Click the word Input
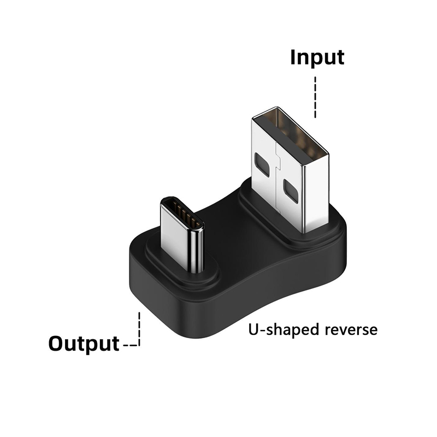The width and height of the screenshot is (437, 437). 317,57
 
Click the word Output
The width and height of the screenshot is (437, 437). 84,344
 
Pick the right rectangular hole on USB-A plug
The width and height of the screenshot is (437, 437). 289,192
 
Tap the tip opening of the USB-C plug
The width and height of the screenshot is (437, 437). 182,215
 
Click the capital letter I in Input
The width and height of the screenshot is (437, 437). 293,57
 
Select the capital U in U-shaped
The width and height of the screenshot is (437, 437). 253,330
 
